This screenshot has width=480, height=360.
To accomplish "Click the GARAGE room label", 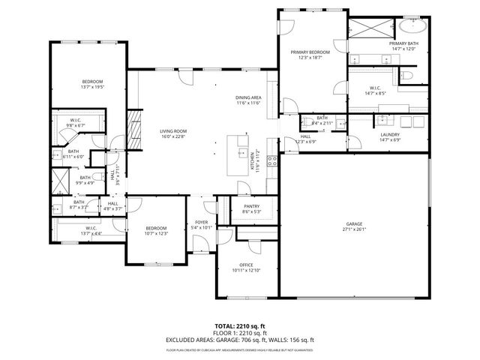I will pos(354,224).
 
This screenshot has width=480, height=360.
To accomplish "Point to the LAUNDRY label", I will pos(389,135).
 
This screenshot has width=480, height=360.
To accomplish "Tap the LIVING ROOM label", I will pos(172,131).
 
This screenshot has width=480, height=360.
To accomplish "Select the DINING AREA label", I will pos(247,97).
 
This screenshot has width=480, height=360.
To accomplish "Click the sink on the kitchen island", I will pos(242,153).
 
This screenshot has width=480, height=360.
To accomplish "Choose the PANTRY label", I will pos(251,206).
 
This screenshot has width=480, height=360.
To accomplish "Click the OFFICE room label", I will pos(246,264).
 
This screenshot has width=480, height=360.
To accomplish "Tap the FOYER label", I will pos(202,222).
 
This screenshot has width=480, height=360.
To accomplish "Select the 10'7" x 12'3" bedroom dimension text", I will pos(156,234).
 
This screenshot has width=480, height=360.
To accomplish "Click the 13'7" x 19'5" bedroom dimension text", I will pos(92,87).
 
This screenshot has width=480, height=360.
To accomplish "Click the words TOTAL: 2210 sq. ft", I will pos(239,325).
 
